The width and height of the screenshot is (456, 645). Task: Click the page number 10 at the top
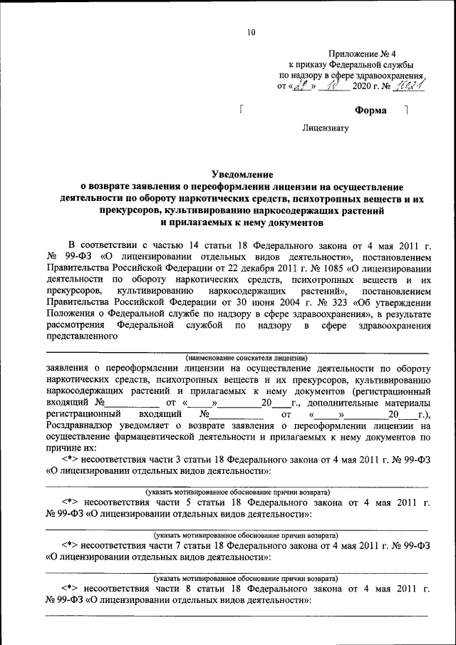coord(252,31)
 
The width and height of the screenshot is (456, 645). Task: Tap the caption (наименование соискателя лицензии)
coord(246,356)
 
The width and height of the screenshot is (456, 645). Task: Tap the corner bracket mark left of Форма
coord(243,110)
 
